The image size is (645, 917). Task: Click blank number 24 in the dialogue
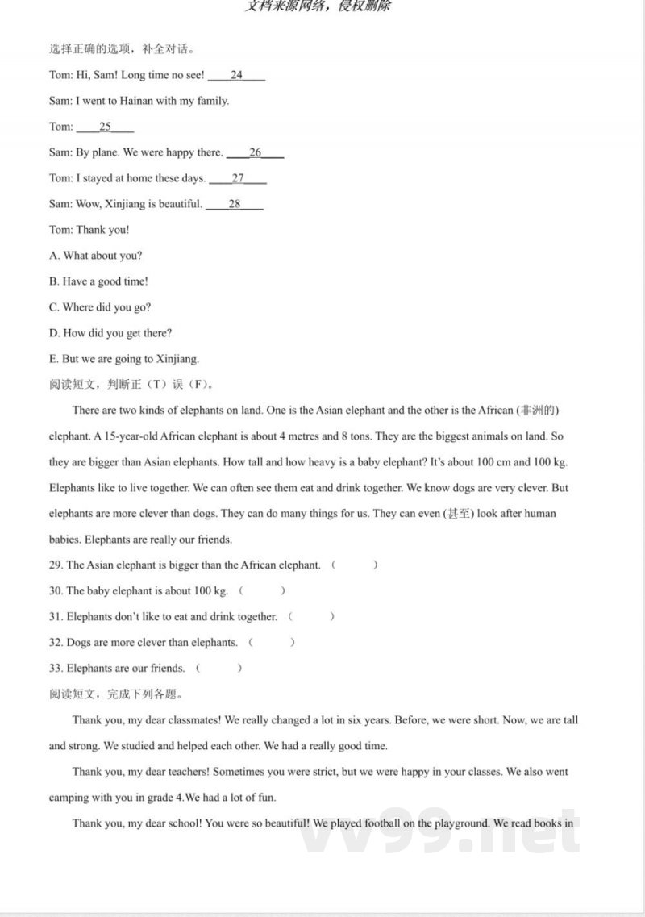[236, 75]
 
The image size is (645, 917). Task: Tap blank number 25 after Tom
[105, 127]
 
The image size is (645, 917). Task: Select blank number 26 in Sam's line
[256, 152]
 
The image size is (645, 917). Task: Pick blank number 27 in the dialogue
[238, 178]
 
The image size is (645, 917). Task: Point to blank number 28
[235, 204]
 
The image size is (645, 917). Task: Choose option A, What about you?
[95, 256]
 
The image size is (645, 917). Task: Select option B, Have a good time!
[98, 281]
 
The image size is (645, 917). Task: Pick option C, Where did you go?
[100, 307]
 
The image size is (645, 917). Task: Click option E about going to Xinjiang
[124, 359]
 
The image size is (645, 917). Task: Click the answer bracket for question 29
[355, 565]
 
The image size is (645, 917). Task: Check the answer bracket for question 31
[311, 617]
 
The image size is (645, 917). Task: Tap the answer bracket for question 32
[272, 643]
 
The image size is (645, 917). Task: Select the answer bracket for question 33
[218, 669]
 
